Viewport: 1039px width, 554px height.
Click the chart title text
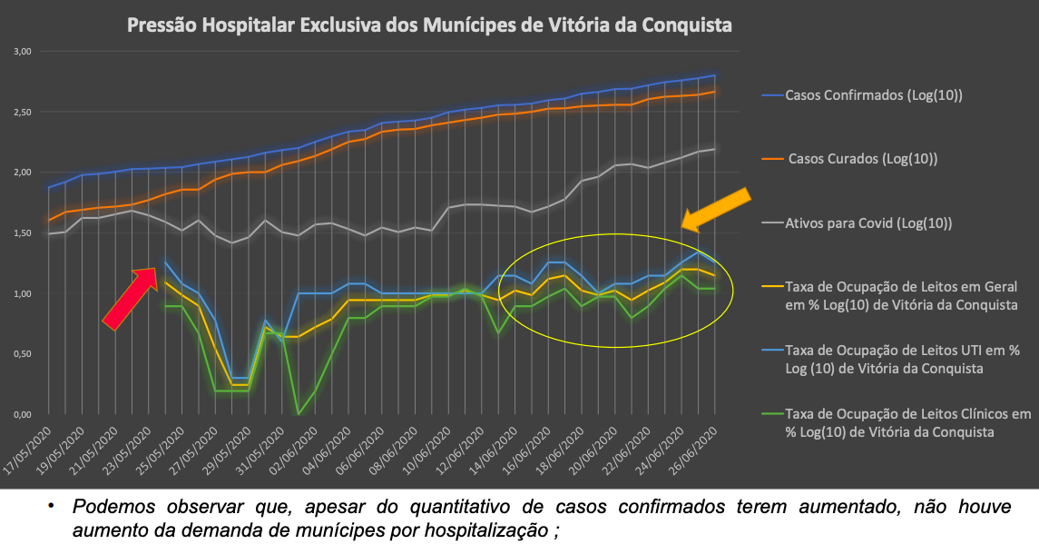pyautogui.click(x=429, y=25)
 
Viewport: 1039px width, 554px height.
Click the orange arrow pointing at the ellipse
pyautogui.click(x=716, y=209)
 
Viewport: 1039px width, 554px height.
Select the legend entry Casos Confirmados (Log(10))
pyautogui.click(x=874, y=94)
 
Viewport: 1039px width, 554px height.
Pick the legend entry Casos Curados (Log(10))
pyautogui.click(x=862, y=158)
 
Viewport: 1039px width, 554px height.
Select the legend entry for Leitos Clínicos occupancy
pyautogui.click(x=907, y=422)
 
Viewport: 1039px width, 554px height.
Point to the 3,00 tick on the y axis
pyautogui.click(x=23, y=52)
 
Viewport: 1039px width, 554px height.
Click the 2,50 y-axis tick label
pyautogui.click(x=23, y=112)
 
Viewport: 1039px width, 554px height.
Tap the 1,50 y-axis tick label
pyautogui.click(x=23, y=233)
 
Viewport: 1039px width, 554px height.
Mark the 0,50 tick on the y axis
pyautogui.click(x=23, y=354)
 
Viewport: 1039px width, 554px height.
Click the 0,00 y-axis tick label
pyautogui.click(x=23, y=414)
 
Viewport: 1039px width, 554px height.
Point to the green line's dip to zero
pyautogui.click(x=299, y=413)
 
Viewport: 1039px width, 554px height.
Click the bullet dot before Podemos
pyautogui.click(x=52, y=506)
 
